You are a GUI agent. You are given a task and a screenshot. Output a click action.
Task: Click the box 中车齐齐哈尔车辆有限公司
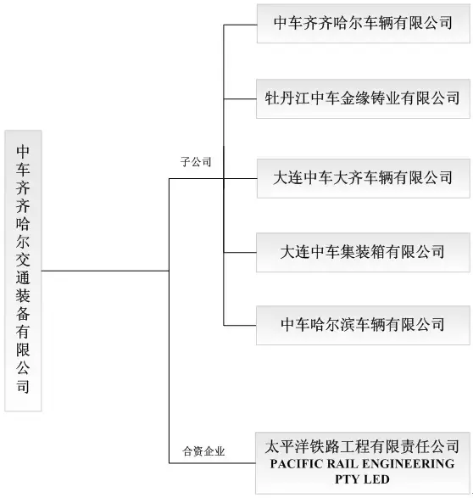coord(364,24)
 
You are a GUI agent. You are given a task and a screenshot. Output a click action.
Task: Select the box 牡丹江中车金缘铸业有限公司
coord(364,98)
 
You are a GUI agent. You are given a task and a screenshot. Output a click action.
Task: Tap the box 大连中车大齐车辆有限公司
coord(364,178)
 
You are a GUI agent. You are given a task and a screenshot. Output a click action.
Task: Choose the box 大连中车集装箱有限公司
coord(364,253)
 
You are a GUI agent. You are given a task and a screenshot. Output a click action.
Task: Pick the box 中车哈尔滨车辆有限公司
coord(364,325)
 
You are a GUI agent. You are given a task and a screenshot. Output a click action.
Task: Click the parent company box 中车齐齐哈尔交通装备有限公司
coord(23,271)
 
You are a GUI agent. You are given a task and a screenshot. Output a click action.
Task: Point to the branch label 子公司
coord(196,162)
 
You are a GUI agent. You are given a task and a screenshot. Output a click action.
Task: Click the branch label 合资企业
coord(203,451)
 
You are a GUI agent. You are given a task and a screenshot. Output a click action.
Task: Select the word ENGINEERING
coord(408,464)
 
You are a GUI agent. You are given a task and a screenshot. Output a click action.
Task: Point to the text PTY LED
coord(362,479)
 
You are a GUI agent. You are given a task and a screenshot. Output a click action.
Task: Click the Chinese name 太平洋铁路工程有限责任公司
coord(362,446)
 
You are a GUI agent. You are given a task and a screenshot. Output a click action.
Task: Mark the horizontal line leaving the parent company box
coord(105,271)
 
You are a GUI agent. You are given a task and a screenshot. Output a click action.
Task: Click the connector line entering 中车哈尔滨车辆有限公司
coord(240,326)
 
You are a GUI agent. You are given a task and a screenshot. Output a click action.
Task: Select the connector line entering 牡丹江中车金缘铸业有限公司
coord(240,99)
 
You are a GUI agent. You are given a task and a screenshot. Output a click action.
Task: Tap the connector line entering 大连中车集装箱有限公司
coord(240,253)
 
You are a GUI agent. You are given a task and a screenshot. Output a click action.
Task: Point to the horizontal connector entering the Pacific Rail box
coord(212,463)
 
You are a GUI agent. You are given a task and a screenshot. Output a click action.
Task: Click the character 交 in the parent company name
coord(23,260)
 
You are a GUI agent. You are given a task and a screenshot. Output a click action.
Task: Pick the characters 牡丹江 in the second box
coord(287,98)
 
